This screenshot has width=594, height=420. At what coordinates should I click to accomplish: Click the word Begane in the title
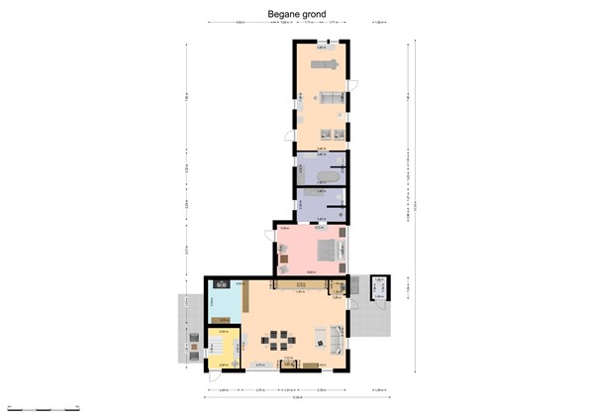[x=283, y=14]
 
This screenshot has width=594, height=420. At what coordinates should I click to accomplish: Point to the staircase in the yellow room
[x=215, y=348]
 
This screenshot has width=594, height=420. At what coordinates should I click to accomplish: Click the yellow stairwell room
[x=222, y=348]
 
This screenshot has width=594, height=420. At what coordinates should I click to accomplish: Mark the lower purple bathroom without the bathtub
[x=321, y=203]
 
